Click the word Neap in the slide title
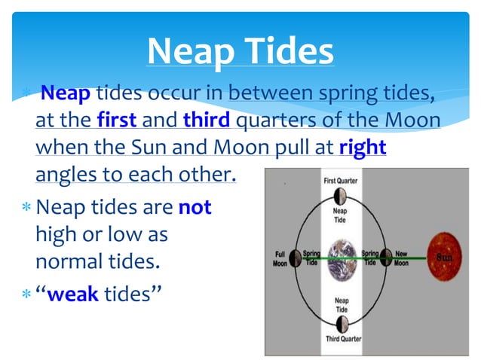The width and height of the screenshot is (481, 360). point(191,51)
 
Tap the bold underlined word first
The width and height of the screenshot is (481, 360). point(116,121)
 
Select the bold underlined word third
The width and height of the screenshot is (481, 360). point(206,121)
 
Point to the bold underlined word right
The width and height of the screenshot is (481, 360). point(363,148)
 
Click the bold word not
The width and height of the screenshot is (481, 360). point(195,206)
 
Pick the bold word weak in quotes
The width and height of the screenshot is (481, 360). point(72,293)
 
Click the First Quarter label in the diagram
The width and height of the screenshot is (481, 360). point(341,181)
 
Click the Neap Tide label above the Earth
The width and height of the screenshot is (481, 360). point(341,216)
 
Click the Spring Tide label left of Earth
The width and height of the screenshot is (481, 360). point(311,259)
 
